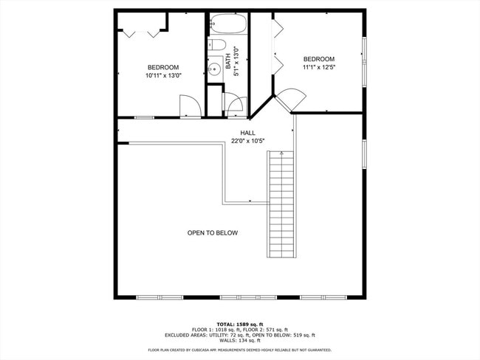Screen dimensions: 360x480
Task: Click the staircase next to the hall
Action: pos(281,204)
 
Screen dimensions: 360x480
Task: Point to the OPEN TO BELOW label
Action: pos(212,233)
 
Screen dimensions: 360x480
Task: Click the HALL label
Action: pos(237,133)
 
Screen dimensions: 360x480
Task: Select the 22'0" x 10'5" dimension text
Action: pos(237,141)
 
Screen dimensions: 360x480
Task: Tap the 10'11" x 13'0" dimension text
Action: pos(163,75)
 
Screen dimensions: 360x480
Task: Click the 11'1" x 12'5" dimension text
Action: pos(318,68)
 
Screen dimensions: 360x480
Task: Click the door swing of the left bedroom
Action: pos(190,107)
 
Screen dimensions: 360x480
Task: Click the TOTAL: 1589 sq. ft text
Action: pos(239,324)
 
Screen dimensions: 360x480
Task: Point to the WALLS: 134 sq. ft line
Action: pos(239,340)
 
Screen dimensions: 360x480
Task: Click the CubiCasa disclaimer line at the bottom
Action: pos(239,350)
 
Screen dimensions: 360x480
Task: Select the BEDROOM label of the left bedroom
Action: pos(163,67)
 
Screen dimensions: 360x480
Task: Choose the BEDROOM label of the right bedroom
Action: pos(318,59)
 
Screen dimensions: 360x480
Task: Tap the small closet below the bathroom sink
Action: pos(214,100)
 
